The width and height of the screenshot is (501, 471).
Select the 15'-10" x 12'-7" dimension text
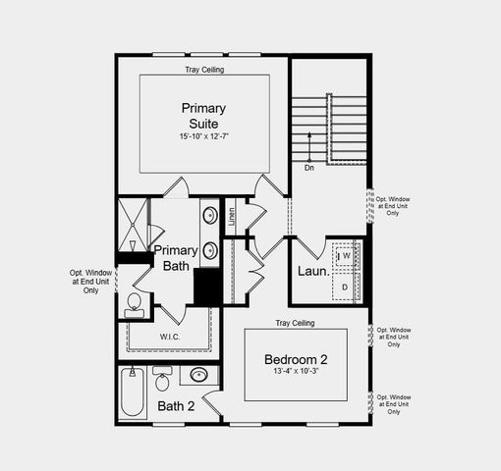(203, 137)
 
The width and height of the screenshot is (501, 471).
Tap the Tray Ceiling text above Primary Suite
(203, 71)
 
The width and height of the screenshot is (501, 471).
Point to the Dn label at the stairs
(308, 168)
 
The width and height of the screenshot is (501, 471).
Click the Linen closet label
(232, 216)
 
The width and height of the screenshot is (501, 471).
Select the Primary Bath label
(177, 258)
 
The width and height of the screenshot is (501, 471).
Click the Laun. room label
(312, 271)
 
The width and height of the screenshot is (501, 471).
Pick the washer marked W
(346, 256)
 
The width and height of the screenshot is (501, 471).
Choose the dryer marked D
(346, 286)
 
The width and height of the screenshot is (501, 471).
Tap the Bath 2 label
(176, 405)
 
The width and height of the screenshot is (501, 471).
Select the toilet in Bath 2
(163, 376)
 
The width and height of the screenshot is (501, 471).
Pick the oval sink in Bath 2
(199, 375)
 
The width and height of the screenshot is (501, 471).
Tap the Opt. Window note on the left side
(90, 282)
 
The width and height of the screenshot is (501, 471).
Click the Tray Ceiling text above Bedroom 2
(295, 323)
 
